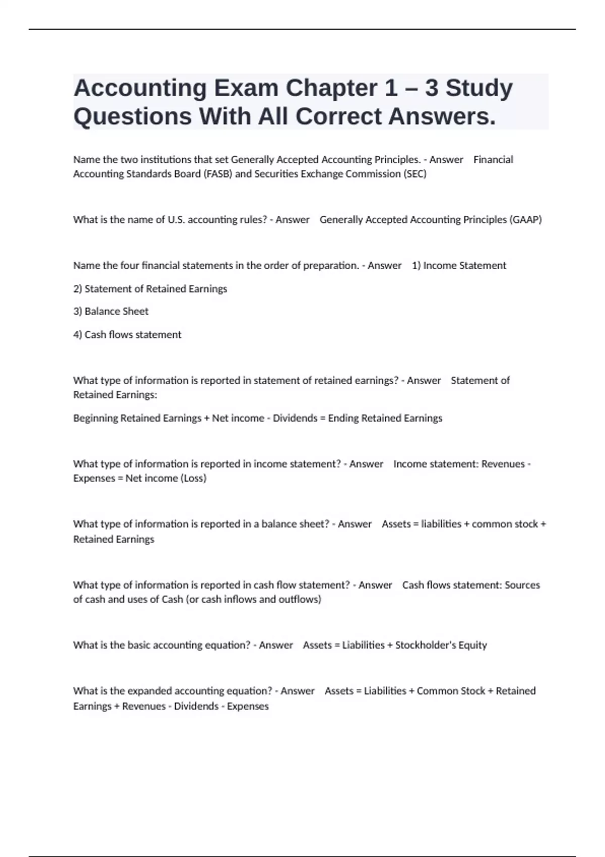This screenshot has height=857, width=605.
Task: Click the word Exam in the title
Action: pos(246,88)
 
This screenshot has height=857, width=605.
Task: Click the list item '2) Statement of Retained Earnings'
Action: pos(150,289)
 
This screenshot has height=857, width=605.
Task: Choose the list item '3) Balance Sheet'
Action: pos(111,312)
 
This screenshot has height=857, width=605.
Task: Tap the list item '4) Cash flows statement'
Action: pos(127,335)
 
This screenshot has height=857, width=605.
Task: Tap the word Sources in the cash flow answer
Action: pos(522,585)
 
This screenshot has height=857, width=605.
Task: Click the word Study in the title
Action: pos(479,88)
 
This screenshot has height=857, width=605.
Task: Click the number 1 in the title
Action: pos(390,88)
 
